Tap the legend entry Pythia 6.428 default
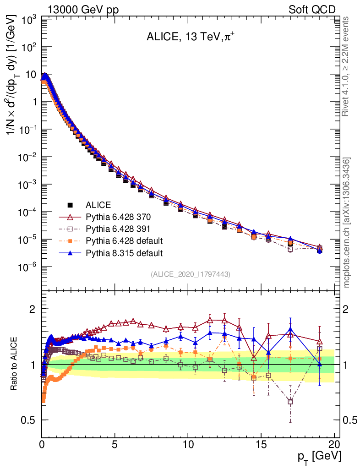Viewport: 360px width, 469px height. [x=124, y=240]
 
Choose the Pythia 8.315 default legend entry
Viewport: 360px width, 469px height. [x=124, y=252]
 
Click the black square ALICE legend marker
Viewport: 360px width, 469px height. [x=70, y=205]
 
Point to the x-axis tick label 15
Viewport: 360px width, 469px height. [x=261, y=444]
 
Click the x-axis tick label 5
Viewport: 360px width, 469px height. [x=115, y=444]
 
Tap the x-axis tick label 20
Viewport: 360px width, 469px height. [x=334, y=444]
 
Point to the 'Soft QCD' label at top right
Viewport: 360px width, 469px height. [x=312, y=10]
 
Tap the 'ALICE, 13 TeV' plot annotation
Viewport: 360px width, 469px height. [x=187, y=38]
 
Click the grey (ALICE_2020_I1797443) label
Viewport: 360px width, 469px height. [x=190, y=274]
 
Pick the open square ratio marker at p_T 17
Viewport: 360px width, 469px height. [x=290, y=401]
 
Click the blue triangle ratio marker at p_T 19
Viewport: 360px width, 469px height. [x=320, y=364]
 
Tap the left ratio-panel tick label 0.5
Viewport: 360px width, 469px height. [x=29, y=420]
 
